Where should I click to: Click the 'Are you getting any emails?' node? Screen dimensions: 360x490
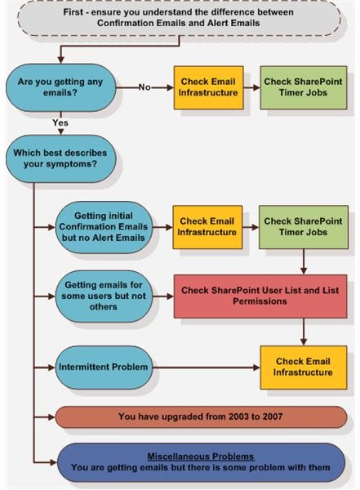(x=61, y=87)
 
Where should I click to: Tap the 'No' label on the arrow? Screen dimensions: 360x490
(x=144, y=87)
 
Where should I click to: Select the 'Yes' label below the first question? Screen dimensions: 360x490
(x=60, y=122)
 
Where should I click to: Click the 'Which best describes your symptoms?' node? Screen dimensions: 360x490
(x=61, y=158)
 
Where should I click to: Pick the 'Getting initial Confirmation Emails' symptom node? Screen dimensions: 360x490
(x=104, y=227)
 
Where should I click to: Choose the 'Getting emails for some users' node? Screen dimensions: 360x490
(x=104, y=296)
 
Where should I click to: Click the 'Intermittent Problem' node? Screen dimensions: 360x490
(x=104, y=367)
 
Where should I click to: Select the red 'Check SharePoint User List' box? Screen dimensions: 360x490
(x=260, y=296)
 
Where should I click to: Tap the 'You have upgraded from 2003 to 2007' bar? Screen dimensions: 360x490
(x=201, y=416)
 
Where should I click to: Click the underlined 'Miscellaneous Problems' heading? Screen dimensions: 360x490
(x=201, y=457)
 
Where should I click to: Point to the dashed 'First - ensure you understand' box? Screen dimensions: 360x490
(x=179, y=18)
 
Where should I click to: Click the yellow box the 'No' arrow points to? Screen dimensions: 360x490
(x=208, y=87)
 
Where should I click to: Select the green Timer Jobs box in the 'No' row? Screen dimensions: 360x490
(x=304, y=87)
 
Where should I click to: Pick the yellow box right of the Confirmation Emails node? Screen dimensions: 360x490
(x=207, y=227)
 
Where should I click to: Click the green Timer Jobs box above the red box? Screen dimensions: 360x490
(x=304, y=227)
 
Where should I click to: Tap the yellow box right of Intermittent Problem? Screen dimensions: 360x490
(x=304, y=367)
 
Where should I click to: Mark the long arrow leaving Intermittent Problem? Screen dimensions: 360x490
(x=207, y=367)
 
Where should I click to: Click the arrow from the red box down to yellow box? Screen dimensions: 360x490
(x=304, y=332)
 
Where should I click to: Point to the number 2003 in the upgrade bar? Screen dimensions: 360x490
(x=238, y=416)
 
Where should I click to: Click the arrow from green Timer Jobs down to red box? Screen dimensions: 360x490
(x=304, y=262)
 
